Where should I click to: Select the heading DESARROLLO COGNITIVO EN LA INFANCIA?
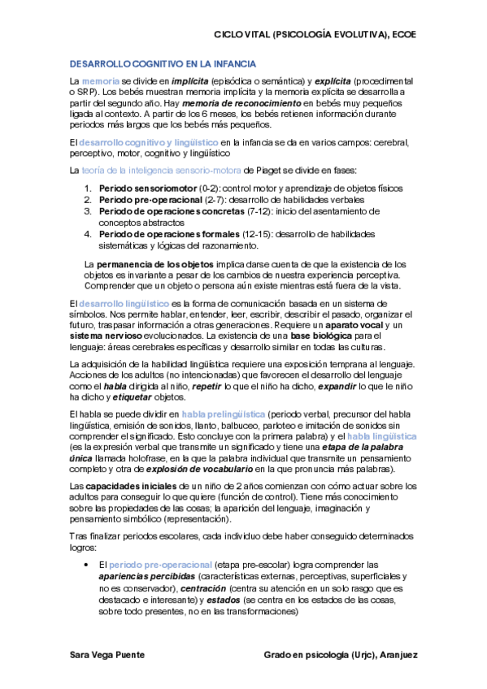(163, 63)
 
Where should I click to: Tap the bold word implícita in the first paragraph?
(186, 83)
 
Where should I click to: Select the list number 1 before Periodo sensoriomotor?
(88, 188)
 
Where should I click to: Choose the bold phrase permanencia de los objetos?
(155, 265)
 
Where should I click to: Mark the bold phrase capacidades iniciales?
(122, 486)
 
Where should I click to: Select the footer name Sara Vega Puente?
(108, 654)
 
